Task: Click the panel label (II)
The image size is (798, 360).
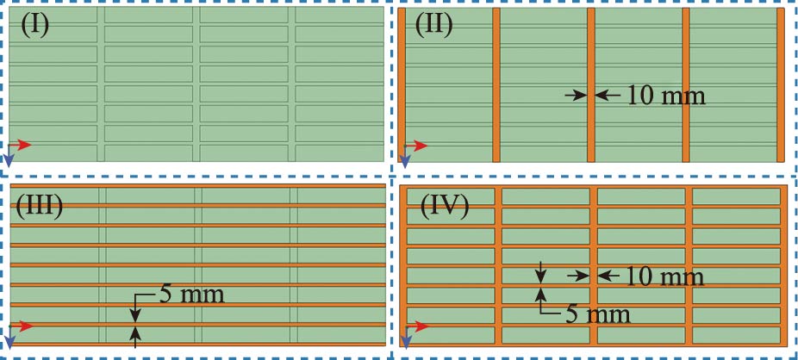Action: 434,24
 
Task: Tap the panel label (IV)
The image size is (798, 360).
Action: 444,207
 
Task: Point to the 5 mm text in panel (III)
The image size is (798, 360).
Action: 191,295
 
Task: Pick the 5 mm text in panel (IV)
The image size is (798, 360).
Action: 596,313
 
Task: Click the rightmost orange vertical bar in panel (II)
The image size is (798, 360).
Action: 780,84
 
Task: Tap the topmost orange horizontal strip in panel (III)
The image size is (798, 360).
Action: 196,187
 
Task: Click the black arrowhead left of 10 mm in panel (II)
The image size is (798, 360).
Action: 573,96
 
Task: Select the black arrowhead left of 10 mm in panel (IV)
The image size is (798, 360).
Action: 576,276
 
